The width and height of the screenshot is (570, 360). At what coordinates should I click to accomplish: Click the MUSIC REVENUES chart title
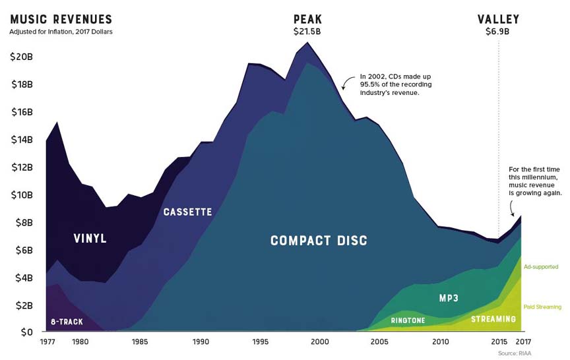pos(61,19)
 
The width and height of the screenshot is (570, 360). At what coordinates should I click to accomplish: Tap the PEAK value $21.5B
pos(307,31)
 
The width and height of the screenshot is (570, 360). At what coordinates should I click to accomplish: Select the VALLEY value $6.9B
pos(498,31)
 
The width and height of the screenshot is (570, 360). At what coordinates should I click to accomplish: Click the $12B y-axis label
pos(22,167)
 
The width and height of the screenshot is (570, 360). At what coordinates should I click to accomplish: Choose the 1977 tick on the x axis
pos(48,342)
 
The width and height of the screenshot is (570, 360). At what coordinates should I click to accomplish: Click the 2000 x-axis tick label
pos(320,342)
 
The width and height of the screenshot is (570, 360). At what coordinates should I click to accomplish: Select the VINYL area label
pos(90,238)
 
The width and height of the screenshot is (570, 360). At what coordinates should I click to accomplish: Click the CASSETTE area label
pos(188,212)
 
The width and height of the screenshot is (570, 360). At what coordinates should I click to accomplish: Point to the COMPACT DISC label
pos(319,241)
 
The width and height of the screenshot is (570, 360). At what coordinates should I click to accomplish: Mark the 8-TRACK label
pos(66,322)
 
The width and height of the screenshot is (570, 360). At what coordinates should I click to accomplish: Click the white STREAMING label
pos(493,320)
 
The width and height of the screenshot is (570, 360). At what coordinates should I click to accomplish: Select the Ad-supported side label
pos(542,267)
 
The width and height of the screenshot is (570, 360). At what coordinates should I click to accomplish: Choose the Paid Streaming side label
pos(542,307)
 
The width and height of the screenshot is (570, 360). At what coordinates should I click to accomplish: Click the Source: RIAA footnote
pos(514,353)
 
